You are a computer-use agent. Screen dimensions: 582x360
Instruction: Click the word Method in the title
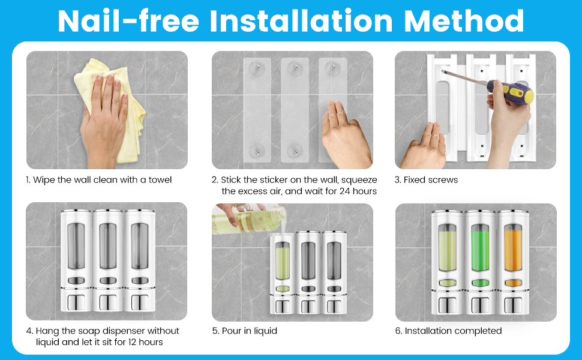point(464,21)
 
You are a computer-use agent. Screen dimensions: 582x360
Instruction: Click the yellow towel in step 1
point(112,107)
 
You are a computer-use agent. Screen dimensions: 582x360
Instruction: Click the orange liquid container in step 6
point(514,248)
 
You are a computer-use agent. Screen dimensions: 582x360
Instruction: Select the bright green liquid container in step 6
point(480,248)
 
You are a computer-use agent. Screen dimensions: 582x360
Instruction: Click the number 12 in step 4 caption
point(132,342)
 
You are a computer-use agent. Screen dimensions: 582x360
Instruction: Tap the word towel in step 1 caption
point(160,180)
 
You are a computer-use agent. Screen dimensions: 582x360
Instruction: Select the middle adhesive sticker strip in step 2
point(295,110)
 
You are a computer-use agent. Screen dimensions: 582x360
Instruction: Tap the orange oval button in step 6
point(514,283)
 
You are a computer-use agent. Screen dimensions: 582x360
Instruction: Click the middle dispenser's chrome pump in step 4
point(107,303)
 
